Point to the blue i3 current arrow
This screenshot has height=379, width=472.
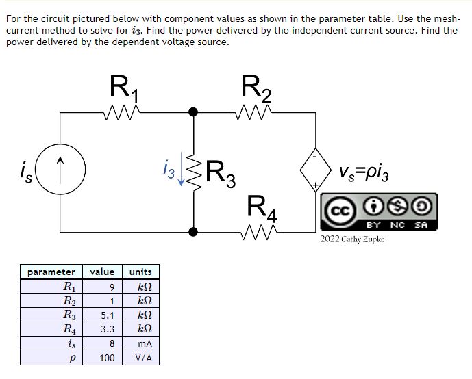[181, 169]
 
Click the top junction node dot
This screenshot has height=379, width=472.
[193, 112]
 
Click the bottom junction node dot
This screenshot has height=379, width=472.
[193, 232]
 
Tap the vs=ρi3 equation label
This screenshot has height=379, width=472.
[364, 173]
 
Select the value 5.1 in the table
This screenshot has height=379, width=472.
[108, 315]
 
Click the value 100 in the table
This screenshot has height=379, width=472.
[107, 358]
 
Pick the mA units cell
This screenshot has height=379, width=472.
[145, 344]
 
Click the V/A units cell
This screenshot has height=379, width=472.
[144, 358]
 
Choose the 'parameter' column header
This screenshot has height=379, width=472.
[51, 272]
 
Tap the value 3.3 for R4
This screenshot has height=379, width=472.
[108, 330]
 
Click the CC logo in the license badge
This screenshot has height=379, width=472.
[340, 211]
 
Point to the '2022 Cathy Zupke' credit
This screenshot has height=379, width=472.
[352, 239]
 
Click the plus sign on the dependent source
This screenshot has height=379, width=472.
[315, 185]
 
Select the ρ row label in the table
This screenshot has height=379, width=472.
[71, 358]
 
